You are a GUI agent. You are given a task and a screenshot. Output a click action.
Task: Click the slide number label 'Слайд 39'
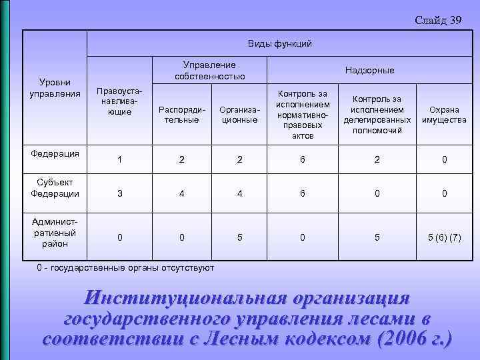coord(437,20)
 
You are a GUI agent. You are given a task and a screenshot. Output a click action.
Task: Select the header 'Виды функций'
coord(279,44)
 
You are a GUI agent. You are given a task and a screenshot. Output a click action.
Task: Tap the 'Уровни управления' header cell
coord(55,88)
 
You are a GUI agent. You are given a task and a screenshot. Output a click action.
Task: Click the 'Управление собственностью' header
coord(210,71)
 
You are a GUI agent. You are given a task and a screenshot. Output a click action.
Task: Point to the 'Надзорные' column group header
coord(369,71)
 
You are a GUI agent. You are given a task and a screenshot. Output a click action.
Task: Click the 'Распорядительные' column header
coord(181,114)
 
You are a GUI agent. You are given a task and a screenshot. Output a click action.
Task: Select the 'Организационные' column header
coord(238,114)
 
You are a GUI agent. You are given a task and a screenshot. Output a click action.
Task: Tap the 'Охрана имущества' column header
coord(443,114)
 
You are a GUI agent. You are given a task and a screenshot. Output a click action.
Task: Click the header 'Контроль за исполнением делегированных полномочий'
coord(377,114)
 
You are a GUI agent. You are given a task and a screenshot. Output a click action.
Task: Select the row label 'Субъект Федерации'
coord(55,188)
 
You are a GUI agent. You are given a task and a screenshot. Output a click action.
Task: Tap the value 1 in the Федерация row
coord(119,160)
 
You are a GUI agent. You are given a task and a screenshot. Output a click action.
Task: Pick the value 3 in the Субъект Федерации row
coord(119,194)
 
